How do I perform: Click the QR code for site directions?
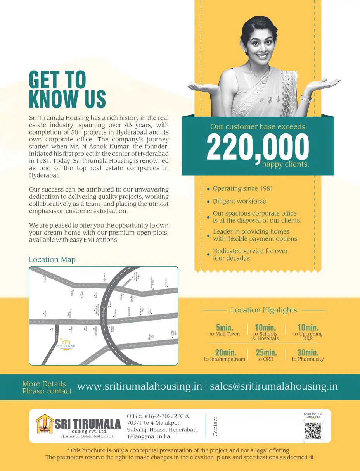[x=313, y=431]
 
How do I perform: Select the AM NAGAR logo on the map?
[x=66, y=345]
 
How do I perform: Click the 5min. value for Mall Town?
[x=225, y=328]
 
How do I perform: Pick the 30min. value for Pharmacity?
[x=308, y=353]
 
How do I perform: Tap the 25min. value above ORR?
[x=266, y=353]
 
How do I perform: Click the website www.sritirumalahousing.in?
[x=140, y=386]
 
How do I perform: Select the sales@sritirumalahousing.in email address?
[x=273, y=386]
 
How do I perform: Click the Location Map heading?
[x=52, y=260]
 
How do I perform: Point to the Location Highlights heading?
[x=264, y=310]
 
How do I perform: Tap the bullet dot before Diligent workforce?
[x=208, y=202]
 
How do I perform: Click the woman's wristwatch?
[x=306, y=99]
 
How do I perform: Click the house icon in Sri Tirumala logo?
[x=44, y=424]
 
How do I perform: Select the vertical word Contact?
[x=215, y=426]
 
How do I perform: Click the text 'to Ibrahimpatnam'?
[x=225, y=359]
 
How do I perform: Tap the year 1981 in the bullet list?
[x=265, y=188]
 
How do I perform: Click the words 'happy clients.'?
[x=286, y=164]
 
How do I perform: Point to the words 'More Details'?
[x=44, y=384]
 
